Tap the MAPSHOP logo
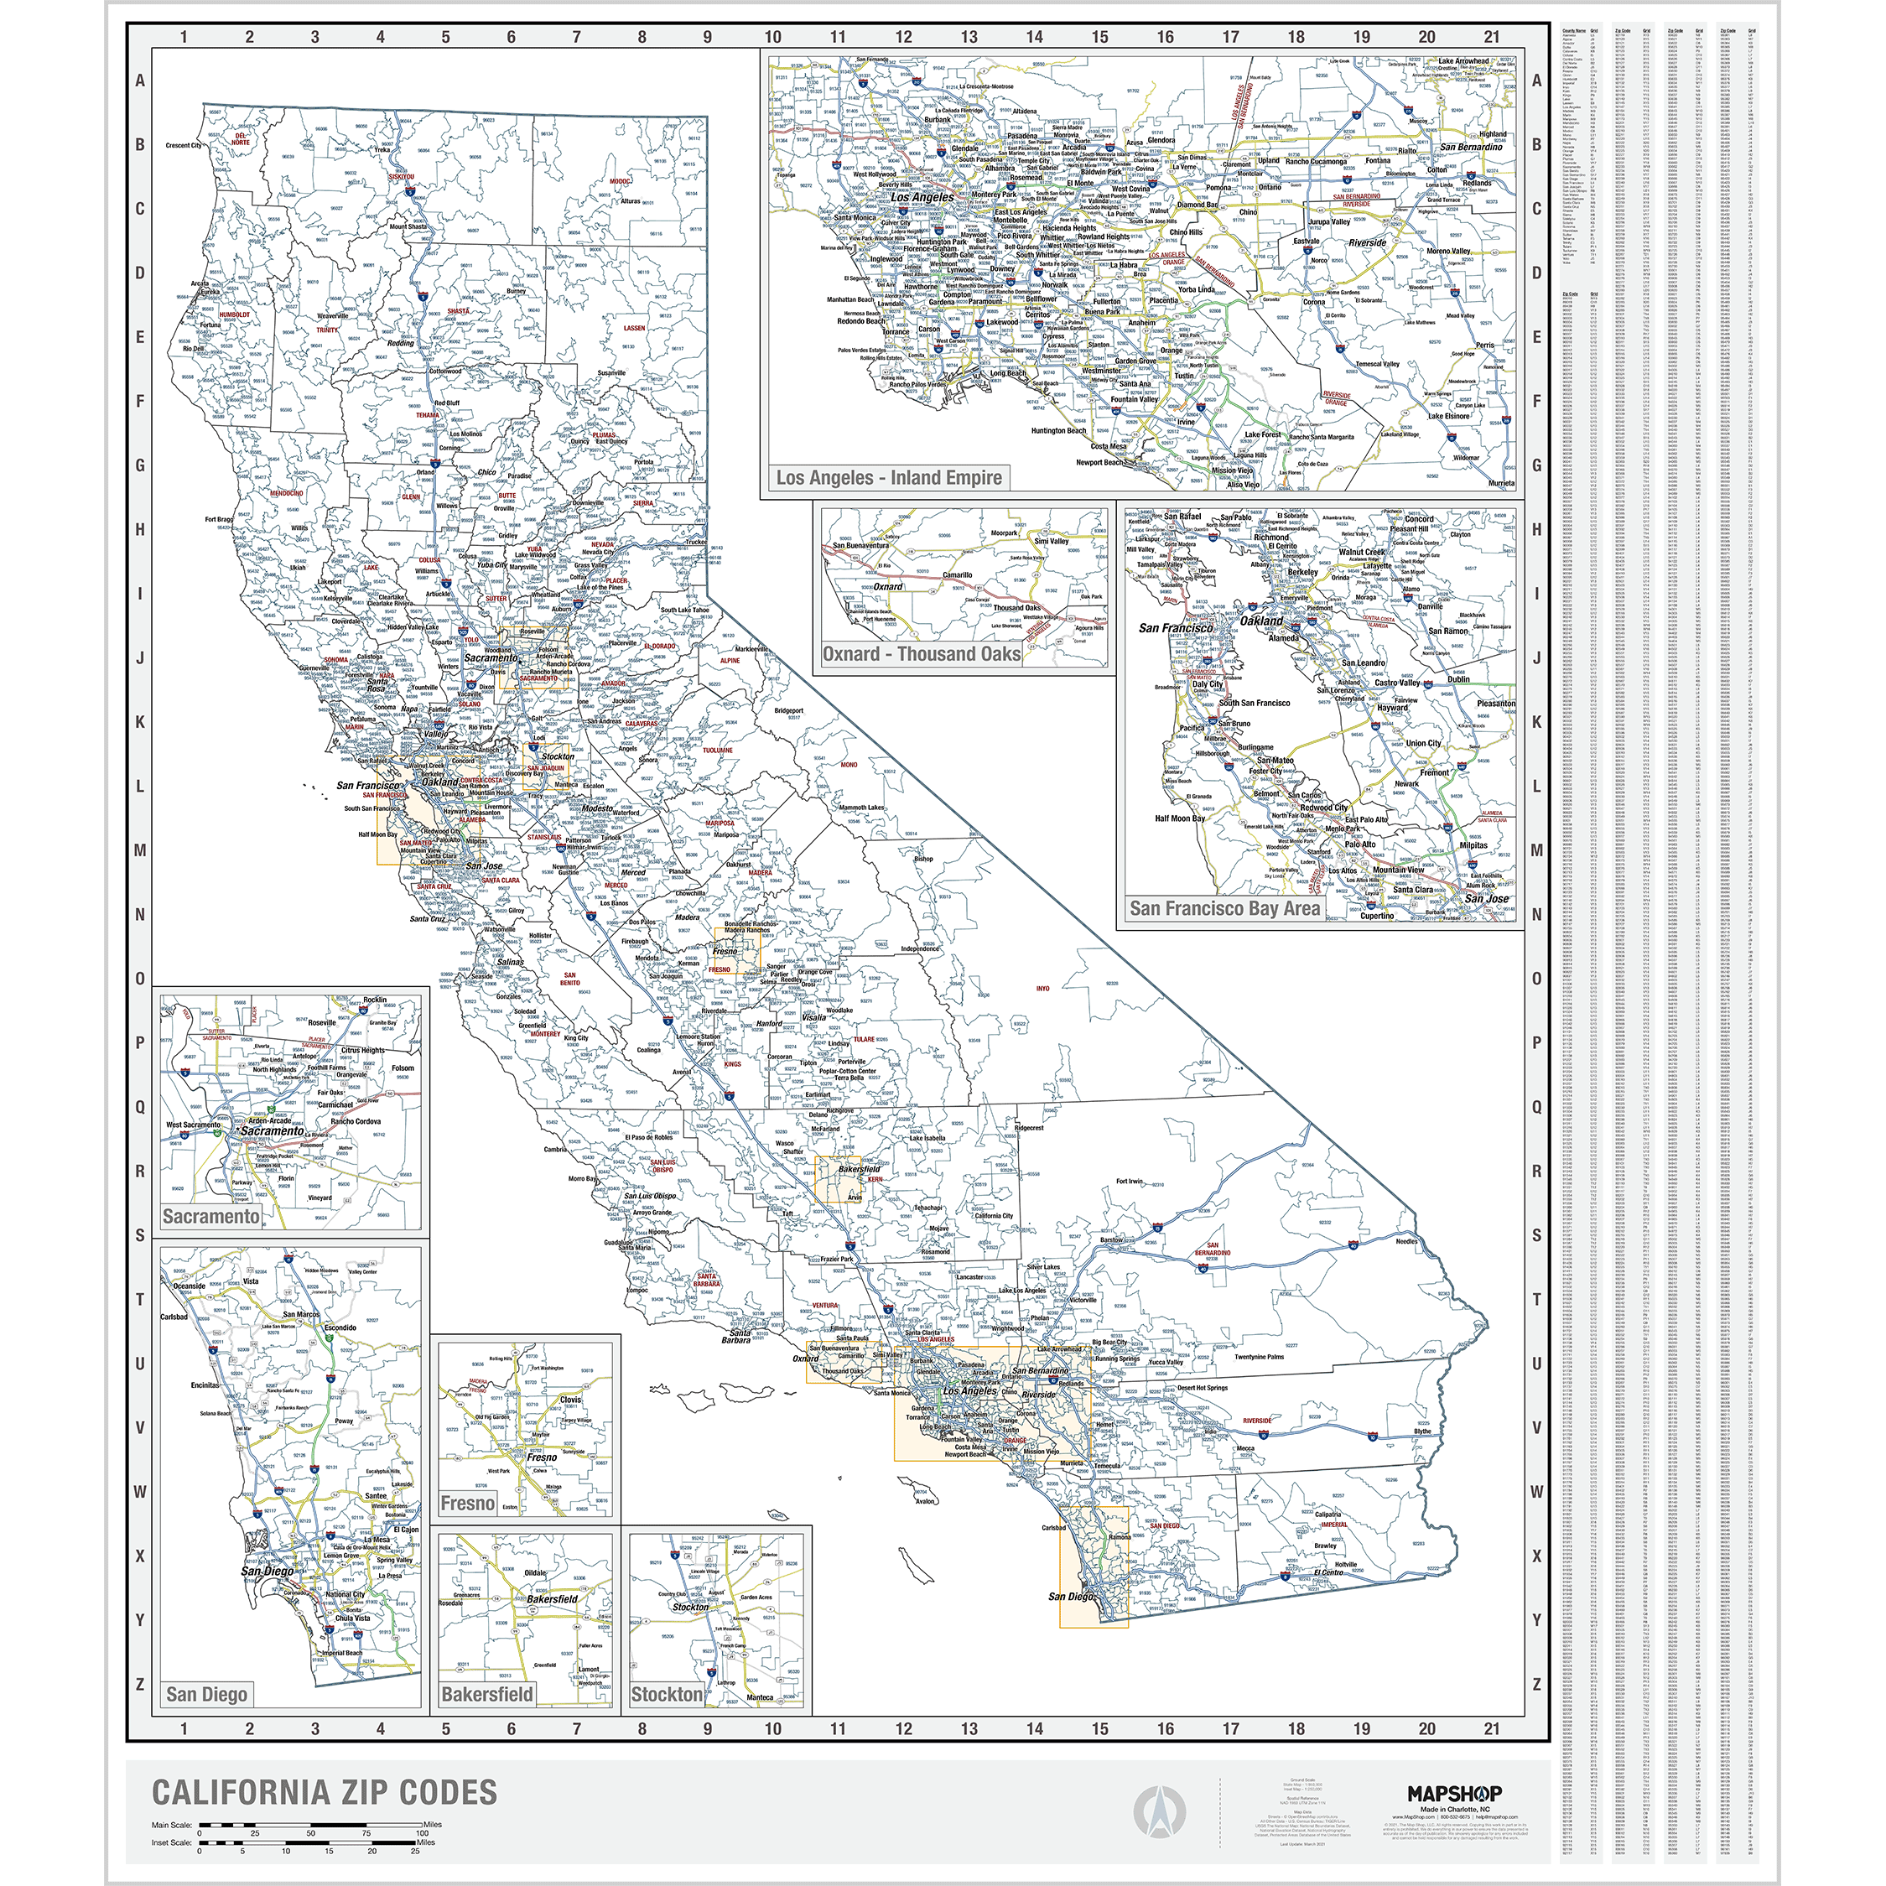1453,1793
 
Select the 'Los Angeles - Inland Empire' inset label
888,477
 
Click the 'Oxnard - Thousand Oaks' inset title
921,654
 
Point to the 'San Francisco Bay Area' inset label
1224,908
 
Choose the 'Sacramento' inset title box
210,1216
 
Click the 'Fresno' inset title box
468,1504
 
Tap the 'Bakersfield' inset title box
487,1695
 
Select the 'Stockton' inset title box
667,1695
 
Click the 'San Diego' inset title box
206,1695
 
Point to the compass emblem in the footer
1159,1813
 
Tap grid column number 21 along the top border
1492,37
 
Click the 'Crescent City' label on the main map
183,145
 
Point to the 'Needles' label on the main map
1405,1242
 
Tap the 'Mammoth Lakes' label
862,808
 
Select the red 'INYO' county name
1042,988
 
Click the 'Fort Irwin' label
1129,1182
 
